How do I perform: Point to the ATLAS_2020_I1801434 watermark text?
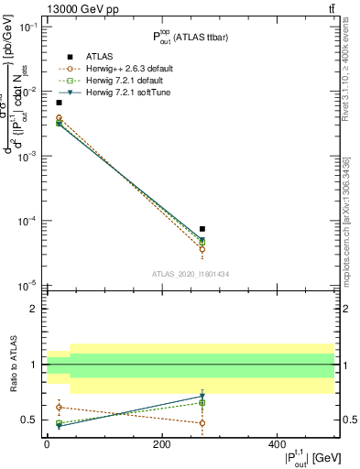coord(191,274)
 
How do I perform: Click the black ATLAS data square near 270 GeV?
coord(202,229)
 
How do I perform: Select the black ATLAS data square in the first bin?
coord(59,103)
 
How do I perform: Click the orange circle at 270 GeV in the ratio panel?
coord(202,422)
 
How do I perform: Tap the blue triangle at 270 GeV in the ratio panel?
coord(202,397)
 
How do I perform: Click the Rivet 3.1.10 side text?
coord(351,78)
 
